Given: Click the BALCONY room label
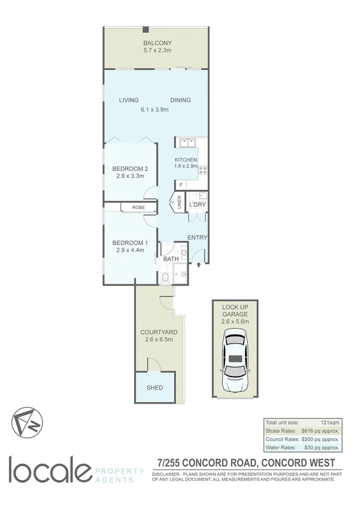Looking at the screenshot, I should pyautogui.click(x=157, y=43).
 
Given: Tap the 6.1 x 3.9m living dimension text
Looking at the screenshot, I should pyautogui.click(x=155, y=110).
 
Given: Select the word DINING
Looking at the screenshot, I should pyautogui.click(x=180, y=100).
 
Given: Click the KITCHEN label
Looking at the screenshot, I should pyautogui.click(x=186, y=159).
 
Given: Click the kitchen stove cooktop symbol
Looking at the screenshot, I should pyautogui.click(x=202, y=170).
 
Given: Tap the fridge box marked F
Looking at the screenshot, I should pyautogui.click(x=180, y=185).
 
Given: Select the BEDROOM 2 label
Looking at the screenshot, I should pyautogui.click(x=130, y=168).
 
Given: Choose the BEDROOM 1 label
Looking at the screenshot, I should pyautogui.click(x=129, y=242).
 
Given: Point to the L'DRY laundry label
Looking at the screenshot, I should pyautogui.click(x=197, y=206).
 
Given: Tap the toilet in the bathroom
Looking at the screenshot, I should pyautogui.click(x=166, y=276).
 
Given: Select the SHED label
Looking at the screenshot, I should pyautogui.click(x=155, y=387).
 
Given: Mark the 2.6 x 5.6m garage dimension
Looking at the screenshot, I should pyautogui.click(x=234, y=321).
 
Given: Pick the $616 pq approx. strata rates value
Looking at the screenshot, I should pyautogui.click(x=321, y=432).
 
